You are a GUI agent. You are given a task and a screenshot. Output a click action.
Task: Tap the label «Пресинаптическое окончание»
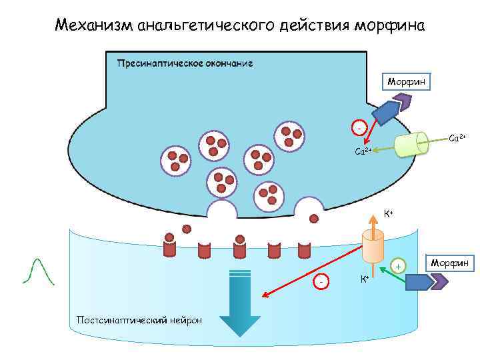(x=185, y=63)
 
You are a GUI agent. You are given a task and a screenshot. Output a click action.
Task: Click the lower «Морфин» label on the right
(x=450, y=263)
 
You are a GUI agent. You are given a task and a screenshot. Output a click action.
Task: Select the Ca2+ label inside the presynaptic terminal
(x=364, y=152)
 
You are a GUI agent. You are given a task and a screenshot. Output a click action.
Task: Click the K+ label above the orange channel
(x=388, y=215)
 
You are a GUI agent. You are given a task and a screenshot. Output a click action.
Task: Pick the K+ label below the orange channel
(x=365, y=279)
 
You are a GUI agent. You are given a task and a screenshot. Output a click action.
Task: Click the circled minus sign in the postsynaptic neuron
(x=322, y=282)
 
